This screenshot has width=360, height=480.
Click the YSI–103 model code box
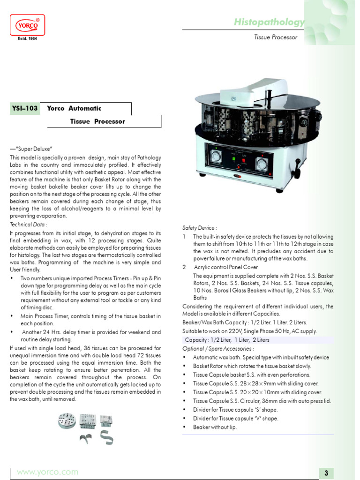24,108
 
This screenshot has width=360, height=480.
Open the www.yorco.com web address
47,472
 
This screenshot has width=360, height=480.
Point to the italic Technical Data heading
28,225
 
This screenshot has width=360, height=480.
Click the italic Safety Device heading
200,227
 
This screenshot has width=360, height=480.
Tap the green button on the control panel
233,159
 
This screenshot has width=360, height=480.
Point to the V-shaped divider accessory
85,438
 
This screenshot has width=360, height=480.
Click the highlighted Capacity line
227,340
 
